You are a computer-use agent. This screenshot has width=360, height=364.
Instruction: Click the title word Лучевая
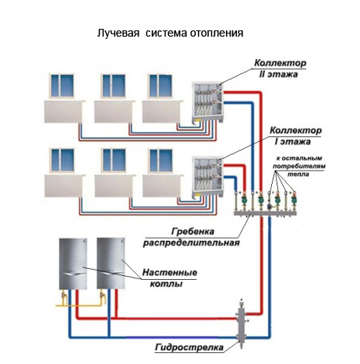click(118, 34)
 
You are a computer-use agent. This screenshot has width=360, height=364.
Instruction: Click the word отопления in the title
click(217, 34)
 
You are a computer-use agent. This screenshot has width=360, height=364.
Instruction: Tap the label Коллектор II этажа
click(280, 69)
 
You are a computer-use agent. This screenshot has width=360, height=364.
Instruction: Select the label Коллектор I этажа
click(295, 136)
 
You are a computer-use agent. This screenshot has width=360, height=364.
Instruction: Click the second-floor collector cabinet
click(207, 102)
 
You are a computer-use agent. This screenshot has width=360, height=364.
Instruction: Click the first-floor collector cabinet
click(207, 177)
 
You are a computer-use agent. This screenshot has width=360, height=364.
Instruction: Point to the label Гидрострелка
click(189, 348)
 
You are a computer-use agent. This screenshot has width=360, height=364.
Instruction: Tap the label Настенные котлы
click(169, 278)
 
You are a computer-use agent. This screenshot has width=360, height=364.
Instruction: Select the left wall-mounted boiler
click(73, 263)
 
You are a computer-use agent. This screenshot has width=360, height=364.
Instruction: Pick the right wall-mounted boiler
click(111, 263)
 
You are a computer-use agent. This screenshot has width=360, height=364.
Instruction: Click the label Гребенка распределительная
click(191, 237)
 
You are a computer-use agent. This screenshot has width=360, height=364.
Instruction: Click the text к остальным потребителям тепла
click(298, 166)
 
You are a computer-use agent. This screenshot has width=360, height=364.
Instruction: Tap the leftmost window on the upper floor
click(62, 86)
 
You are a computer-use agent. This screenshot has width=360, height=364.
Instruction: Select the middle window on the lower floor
click(114, 161)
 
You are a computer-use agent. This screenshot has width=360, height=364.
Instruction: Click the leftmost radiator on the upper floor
click(64, 111)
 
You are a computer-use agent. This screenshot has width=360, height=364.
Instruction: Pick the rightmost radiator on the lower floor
click(162, 186)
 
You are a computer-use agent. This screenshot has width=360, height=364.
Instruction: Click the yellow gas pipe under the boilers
click(80, 302)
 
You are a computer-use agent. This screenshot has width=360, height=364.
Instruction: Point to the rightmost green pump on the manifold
click(294, 200)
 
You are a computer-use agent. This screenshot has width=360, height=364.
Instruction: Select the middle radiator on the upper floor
click(114, 111)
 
